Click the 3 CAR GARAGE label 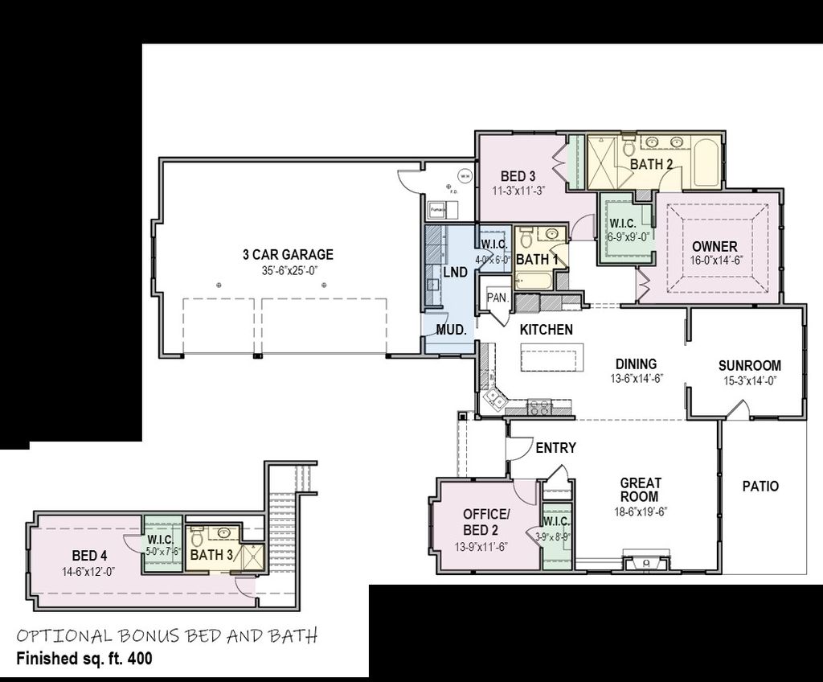(288, 255)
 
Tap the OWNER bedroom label (714, 245)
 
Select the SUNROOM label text (749, 365)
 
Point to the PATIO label (760, 487)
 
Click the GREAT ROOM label (641, 490)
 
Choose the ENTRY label (555, 448)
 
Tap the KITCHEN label (546, 330)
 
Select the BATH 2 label (651, 164)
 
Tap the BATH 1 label (537, 260)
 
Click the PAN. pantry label (496, 298)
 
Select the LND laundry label (455, 273)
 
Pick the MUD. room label (450, 330)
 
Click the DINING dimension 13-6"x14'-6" (635, 378)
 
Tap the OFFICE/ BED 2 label (485, 522)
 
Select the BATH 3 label (212, 554)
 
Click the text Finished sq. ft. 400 (84, 657)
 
